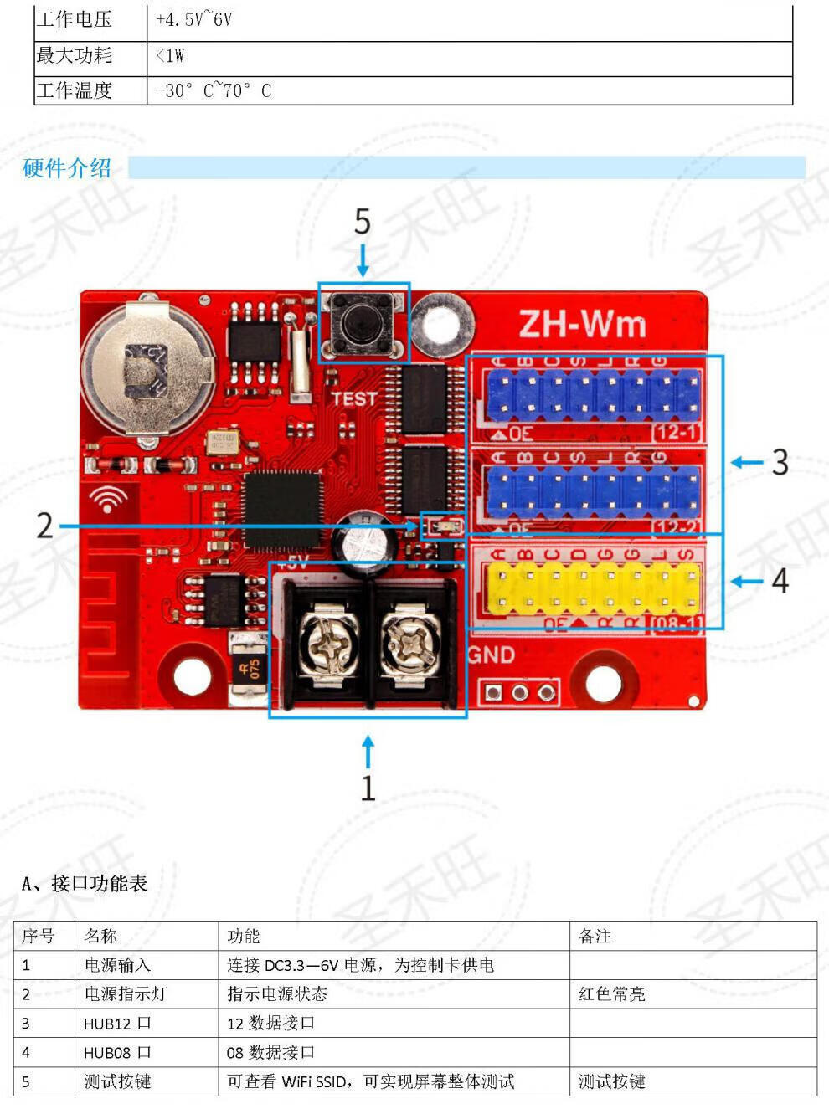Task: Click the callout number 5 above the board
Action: [x=362, y=222]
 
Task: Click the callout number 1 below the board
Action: [x=368, y=788]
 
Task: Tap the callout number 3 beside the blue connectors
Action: [x=780, y=462]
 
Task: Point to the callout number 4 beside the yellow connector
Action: [x=780, y=580]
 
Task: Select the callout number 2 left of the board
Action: [x=44, y=526]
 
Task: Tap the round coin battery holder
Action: [x=150, y=369]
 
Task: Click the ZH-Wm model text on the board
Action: [x=583, y=324]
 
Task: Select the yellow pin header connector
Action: [x=592, y=588]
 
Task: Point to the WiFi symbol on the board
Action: [x=108, y=500]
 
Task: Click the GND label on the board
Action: [x=491, y=655]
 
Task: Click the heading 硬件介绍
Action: [x=67, y=168]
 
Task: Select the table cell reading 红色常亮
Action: [x=611, y=994]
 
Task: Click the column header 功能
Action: [x=244, y=936]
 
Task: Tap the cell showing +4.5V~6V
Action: [x=194, y=19]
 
